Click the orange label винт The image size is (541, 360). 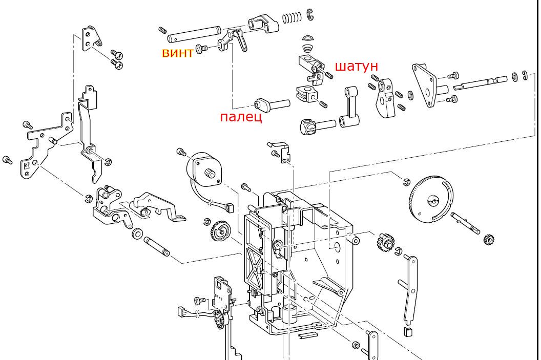click(177, 52)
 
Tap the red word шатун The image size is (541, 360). click(357, 66)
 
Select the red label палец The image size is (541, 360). click(241, 117)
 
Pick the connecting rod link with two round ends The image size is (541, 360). click(350, 109)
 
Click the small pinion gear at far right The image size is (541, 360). click(489, 239)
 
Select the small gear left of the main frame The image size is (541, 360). click(220, 232)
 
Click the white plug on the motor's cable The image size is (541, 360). click(227, 208)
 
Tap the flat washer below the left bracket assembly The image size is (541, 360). click(137, 235)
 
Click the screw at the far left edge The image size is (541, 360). click(8, 160)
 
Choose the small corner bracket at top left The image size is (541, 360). click(91, 40)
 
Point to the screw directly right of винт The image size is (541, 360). click(202, 48)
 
